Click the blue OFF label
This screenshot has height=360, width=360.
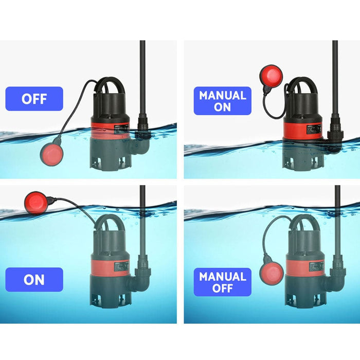point(34,99)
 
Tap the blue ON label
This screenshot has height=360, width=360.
point(34,279)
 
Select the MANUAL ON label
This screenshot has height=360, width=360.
point(222,101)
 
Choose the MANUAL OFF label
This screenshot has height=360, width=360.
point(222,282)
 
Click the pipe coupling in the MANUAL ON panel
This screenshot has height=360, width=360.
point(335,134)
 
